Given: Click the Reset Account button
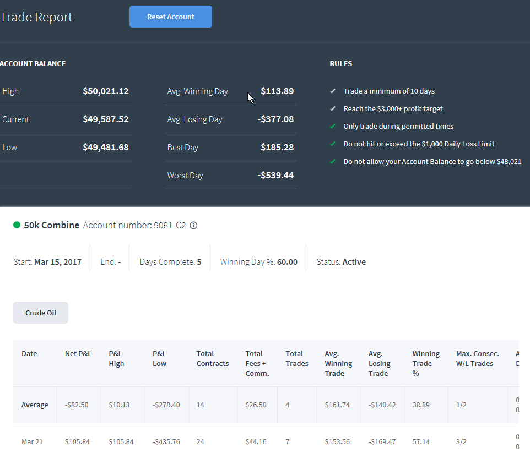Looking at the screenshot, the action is click(171, 17).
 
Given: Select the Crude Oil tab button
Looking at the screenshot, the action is click(41, 313).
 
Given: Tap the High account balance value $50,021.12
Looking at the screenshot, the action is click(106, 91).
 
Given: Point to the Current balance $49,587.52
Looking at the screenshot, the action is click(106, 119).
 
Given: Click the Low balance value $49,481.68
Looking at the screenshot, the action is click(106, 148).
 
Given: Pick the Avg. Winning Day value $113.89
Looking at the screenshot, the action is click(277, 91).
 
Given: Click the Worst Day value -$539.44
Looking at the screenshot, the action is click(275, 176).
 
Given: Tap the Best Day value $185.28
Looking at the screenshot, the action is click(277, 148).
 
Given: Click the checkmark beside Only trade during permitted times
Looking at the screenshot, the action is click(333, 127).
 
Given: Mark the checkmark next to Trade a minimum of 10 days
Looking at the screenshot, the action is click(333, 91).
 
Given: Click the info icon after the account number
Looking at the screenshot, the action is click(193, 225).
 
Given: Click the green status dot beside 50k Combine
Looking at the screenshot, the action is click(17, 225).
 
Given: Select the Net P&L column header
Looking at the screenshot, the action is click(78, 354).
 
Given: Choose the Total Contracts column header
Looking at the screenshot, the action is click(213, 359).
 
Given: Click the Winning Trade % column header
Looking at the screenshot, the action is click(426, 363).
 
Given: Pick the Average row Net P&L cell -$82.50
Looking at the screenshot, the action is click(77, 405).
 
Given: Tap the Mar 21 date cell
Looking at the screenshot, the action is click(32, 442).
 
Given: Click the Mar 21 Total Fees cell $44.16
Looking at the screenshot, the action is click(256, 442).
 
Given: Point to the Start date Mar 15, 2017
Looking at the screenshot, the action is click(58, 262).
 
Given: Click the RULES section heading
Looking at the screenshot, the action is click(340, 63).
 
